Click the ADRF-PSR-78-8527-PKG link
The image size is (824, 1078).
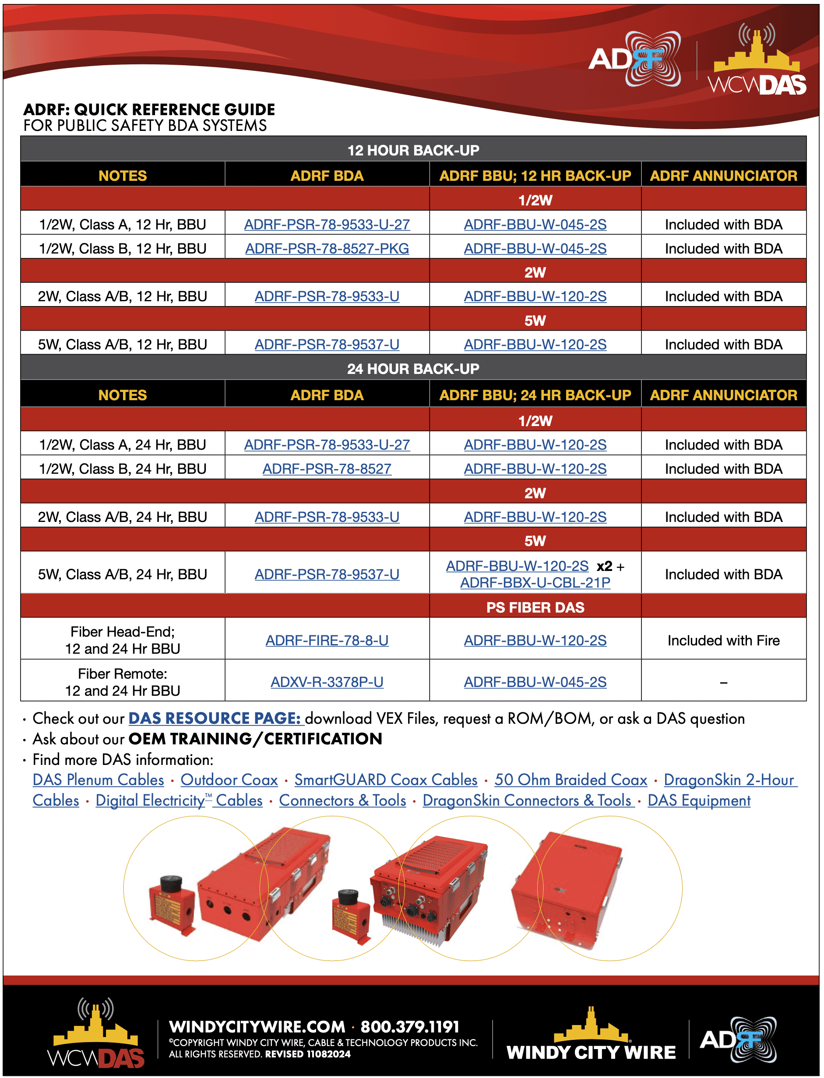[327, 249]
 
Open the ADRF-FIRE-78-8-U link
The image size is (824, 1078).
[327, 640]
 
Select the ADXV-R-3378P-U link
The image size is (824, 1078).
[327, 682]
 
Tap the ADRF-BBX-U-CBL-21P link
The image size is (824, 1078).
[535, 583]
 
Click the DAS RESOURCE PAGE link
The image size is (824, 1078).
[215, 718]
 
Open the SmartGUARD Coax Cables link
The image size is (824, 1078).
[386, 780]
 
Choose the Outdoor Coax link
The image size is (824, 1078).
[229, 780]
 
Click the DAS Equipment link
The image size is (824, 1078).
[699, 800]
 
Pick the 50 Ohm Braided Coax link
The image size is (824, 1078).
[570, 780]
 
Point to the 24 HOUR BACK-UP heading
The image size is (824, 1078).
[413, 369]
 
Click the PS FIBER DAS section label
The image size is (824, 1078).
[535, 607]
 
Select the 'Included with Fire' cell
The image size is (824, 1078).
[723, 640]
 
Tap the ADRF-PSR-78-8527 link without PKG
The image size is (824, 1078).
[327, 469]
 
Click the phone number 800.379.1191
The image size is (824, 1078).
[410, 1026]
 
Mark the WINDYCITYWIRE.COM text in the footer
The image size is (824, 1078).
[257, 1026]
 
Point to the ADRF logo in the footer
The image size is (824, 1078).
[739, 1040]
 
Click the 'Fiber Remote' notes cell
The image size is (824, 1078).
[123, 682]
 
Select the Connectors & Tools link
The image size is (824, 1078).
[342, 800]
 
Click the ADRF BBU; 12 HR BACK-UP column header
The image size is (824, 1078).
[535, 176]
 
